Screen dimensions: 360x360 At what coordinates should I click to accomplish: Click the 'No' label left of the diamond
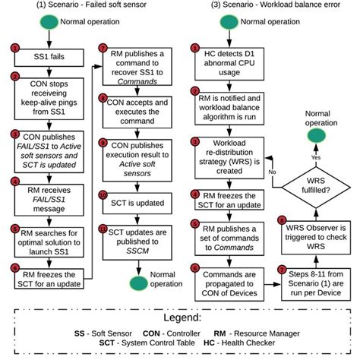(272, 172)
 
